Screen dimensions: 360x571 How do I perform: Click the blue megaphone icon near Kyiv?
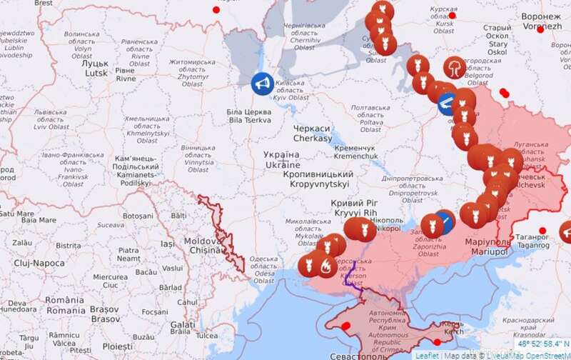click(x=261, y=84)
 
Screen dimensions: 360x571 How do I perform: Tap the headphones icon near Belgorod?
click(x=454, y=69)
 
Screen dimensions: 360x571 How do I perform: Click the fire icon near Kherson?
click(x=325, y=267)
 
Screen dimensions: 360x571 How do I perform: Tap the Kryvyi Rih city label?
click(x=354, y=208)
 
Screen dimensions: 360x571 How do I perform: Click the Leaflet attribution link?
click(x=427, y=354)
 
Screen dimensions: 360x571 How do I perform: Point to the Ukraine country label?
click(x=281, y=159)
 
